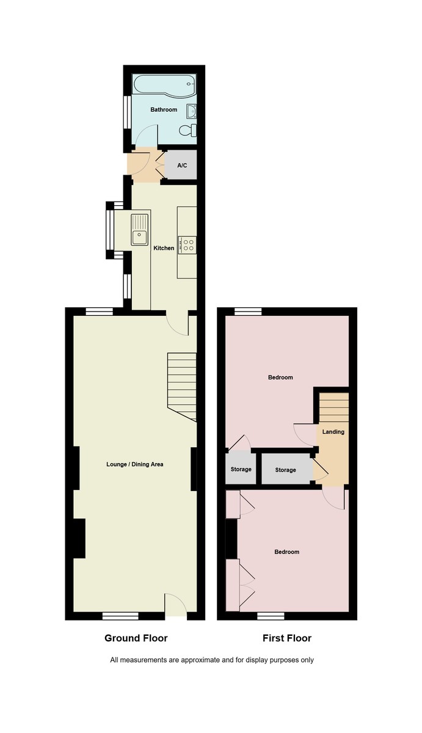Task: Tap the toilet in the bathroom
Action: tap(189, 130)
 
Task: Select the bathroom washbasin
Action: tap(191, 111)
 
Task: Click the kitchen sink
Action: tap(140, 229)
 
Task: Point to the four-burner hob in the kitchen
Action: tap(187, 245)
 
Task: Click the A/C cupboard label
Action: tap(182, 166)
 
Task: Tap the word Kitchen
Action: tap(164, 248)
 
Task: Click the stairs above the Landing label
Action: tap(334, 406)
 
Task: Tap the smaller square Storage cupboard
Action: tap(241, 469)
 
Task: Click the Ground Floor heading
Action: tap(136, 638)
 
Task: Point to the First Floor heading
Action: tap(287, 638)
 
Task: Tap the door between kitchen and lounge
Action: tap(179, 324)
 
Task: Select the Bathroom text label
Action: tap(164, 110)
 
